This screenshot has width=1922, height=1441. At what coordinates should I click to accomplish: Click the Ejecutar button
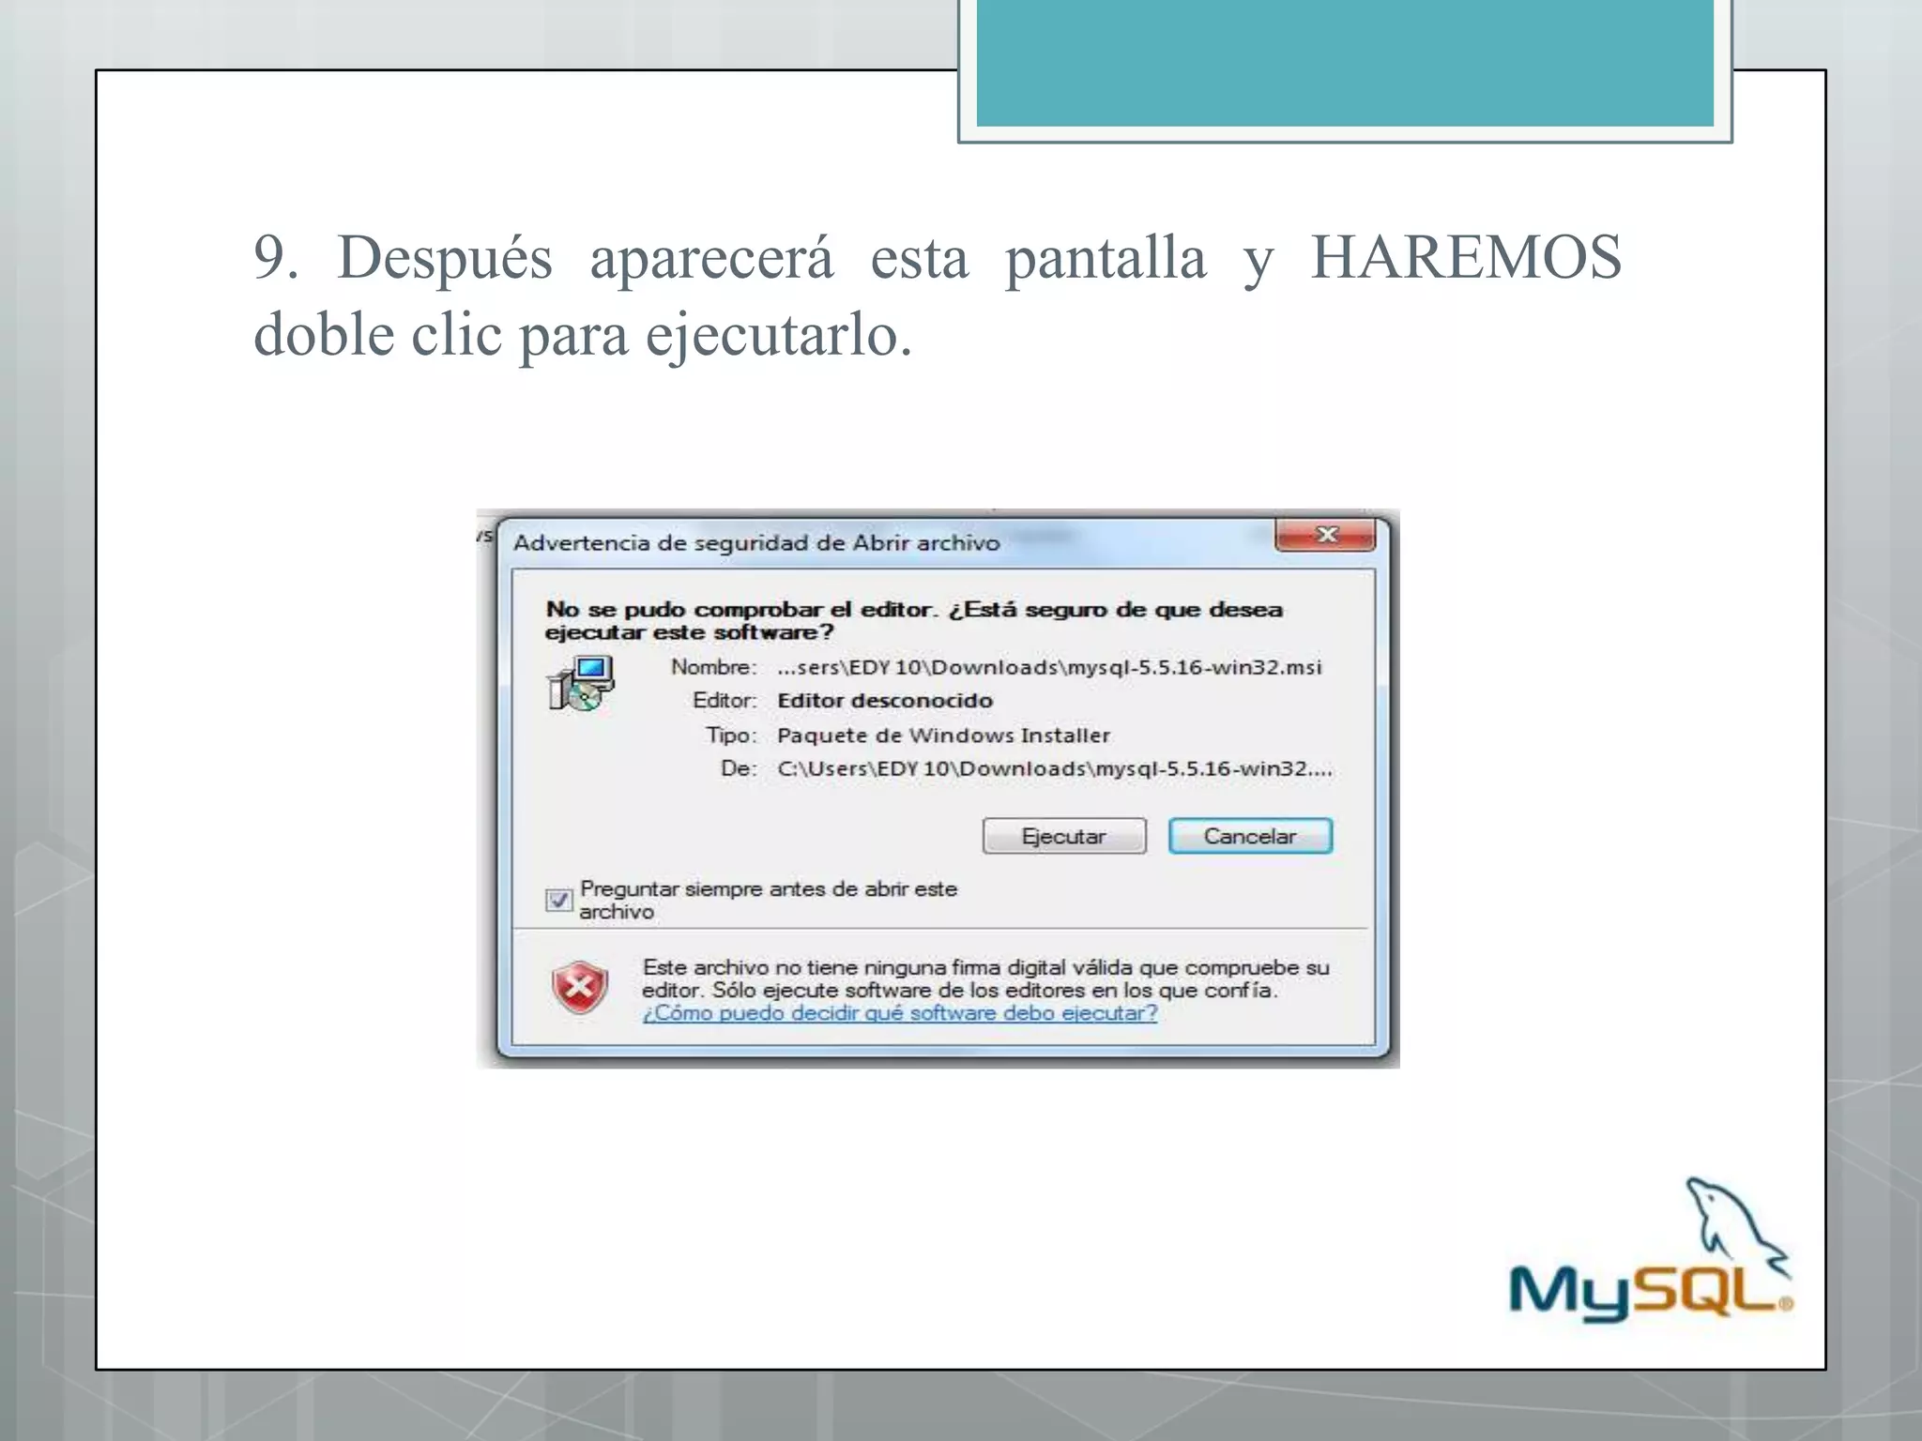(1064, 836)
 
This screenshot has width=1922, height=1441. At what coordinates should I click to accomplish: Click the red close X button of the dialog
(1326, 536)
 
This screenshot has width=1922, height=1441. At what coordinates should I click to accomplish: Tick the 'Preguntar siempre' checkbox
(558, 901)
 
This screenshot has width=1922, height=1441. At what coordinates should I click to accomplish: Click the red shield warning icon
(580, 988)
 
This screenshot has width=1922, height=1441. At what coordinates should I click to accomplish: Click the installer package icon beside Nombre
(581, 683)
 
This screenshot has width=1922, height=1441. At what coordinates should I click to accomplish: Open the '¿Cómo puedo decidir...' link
(899, 1013)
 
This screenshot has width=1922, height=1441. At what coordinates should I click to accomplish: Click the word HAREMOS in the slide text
(1465, 257)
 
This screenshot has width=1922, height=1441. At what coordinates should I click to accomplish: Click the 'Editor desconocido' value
(884, 701)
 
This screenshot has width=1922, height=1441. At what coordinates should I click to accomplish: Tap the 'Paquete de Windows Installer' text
(943, 736)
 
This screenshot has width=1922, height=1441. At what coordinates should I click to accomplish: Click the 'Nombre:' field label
(713, 667)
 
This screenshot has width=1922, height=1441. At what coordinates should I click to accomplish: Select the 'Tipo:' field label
(731, 736)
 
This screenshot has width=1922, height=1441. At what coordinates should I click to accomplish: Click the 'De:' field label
(739, 769)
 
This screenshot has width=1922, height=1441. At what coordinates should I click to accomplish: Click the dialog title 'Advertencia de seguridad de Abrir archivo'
(756, 543)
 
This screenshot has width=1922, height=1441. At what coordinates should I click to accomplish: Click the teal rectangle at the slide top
(1344, 62)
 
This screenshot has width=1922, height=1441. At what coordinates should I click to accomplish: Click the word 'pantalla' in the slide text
(1106, 257)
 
